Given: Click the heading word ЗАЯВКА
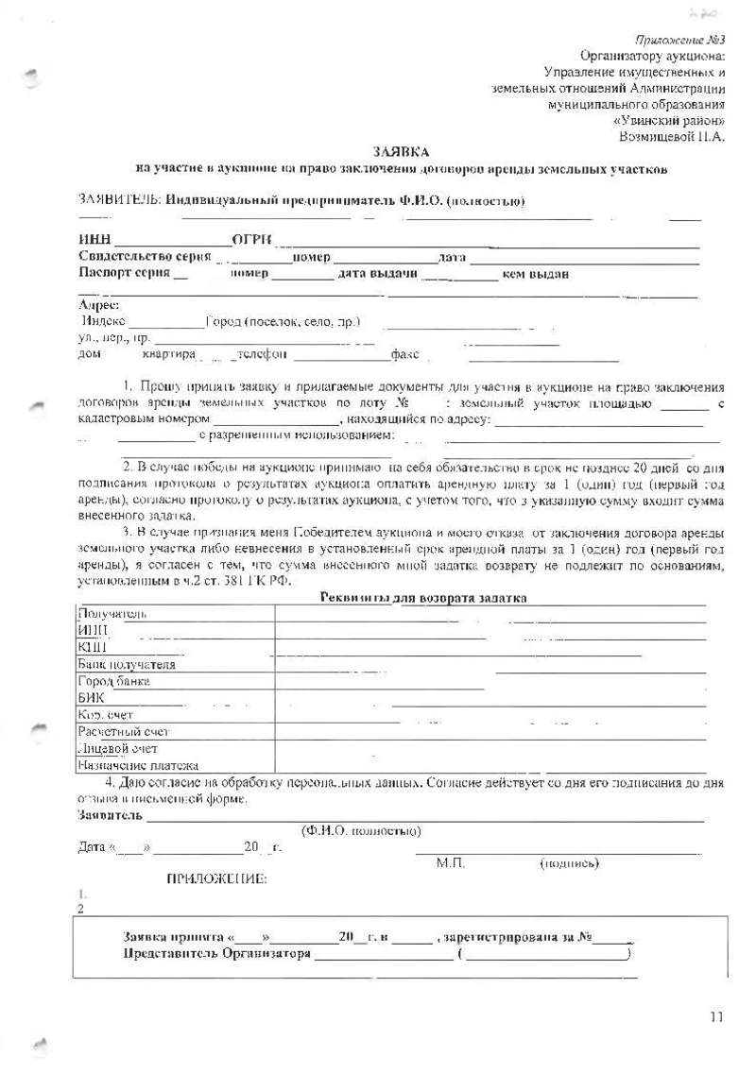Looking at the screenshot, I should pos(400,152).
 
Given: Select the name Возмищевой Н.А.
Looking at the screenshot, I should pos(671,137).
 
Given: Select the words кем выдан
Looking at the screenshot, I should pos(535,274).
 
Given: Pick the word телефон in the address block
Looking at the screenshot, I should pos(261,355).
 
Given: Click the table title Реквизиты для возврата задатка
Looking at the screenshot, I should pos(423,598).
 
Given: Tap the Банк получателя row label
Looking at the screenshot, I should pos(127,664).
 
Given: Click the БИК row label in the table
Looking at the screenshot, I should pos(90,697).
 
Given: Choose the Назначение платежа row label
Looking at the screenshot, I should pos(138,765).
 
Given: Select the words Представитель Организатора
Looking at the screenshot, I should pos(217,953).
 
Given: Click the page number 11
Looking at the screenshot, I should pos(715,1017).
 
